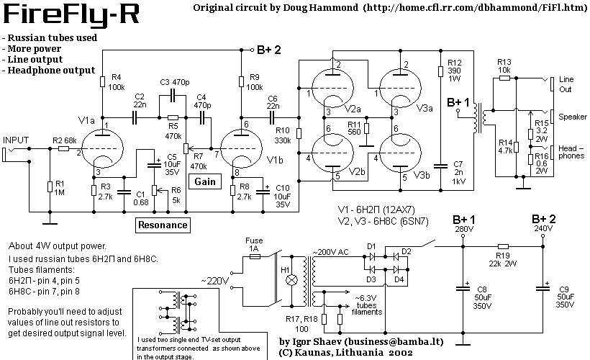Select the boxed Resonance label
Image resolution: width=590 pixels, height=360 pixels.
click(163, 225)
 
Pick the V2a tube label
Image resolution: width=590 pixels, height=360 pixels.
click(353, 108)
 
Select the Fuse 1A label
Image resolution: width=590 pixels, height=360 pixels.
click(253, 243)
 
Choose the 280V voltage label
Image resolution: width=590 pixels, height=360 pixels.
click(464, 229)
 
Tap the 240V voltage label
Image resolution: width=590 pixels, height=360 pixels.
click(544, 229)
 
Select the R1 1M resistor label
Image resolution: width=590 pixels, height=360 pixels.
click(60, 188)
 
